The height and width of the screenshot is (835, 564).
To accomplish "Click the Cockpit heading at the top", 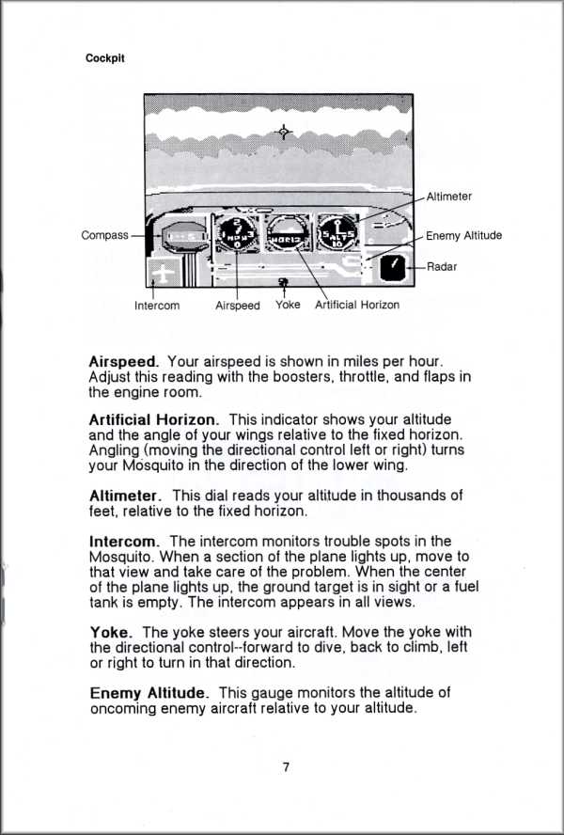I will (105, 58).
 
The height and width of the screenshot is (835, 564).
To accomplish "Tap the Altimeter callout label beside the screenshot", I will (448, 197).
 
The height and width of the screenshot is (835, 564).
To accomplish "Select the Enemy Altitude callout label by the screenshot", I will (463, 236).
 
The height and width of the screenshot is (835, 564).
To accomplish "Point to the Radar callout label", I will (441, 267).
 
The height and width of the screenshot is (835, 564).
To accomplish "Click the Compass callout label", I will (104, 235).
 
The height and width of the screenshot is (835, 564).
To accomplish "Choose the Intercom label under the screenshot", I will (157, 306).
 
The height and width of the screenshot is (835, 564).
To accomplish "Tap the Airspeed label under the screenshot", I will (237, 306).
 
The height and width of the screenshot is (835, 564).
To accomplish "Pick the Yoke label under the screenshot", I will (288, 305).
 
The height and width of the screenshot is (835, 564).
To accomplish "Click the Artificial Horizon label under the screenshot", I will (357, 305).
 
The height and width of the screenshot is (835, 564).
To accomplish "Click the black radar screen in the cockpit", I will (394, 269).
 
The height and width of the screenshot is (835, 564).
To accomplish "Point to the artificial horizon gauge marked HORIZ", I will (285, 234).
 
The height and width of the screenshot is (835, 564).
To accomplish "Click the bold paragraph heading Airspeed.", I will (124, 361).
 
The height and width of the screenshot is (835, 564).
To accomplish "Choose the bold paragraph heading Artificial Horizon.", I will (154, 418).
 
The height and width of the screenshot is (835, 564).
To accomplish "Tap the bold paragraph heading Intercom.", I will (125, 542).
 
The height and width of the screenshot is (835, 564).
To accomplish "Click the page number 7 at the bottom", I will (285, 766).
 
